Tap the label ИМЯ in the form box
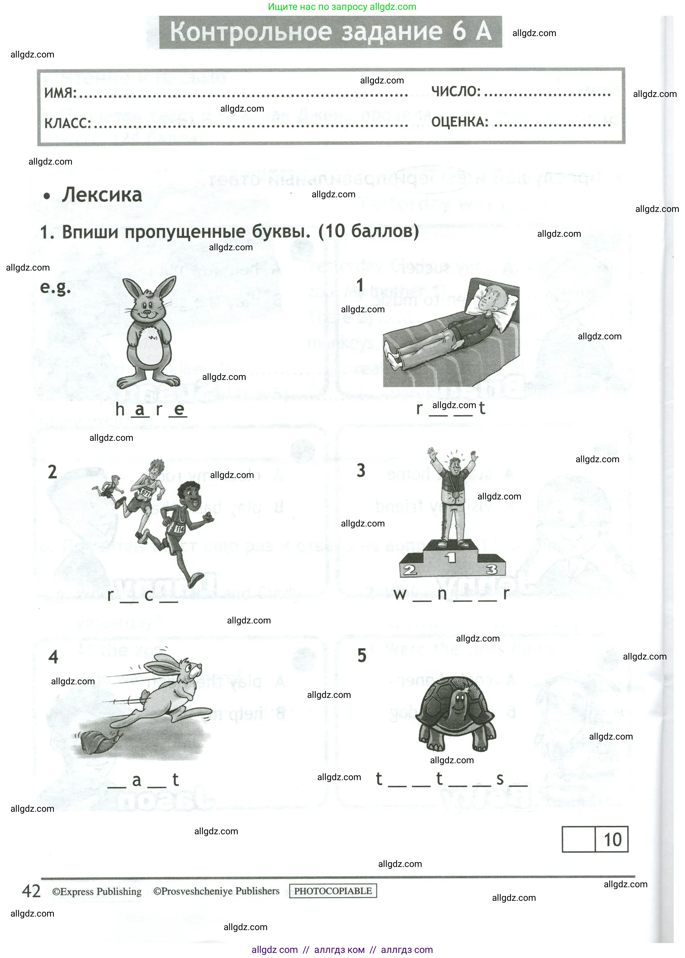click(x=60, y=93)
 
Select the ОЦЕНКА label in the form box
click(x=459, y=122)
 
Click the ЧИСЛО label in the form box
click(x=455, y=91)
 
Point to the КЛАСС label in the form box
click(x=67, y=123)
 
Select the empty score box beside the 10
click(x=578, y=840)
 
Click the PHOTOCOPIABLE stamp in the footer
click(x=332, y=891)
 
